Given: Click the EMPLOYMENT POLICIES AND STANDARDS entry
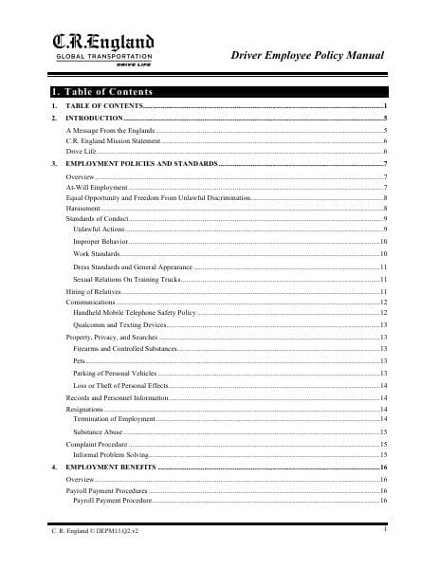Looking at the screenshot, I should pos(140,164).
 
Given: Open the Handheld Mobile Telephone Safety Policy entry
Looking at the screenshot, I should pos(134,312).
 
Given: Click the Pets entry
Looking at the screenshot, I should pos(79,361).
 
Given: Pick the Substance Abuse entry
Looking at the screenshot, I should pos(98,431).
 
